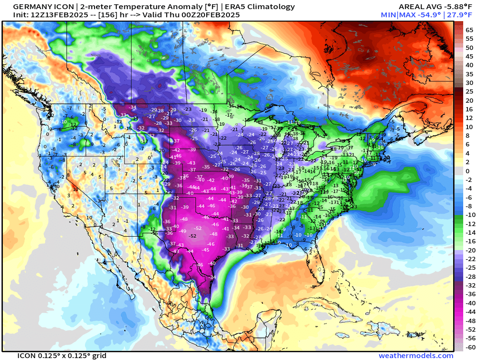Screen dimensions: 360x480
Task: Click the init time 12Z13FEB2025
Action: pos(58,15)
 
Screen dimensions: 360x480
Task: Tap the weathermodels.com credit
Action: pos(416,356)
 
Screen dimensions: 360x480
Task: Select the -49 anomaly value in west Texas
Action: pos(182,231)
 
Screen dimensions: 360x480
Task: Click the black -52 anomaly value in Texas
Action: pos(193,236)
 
